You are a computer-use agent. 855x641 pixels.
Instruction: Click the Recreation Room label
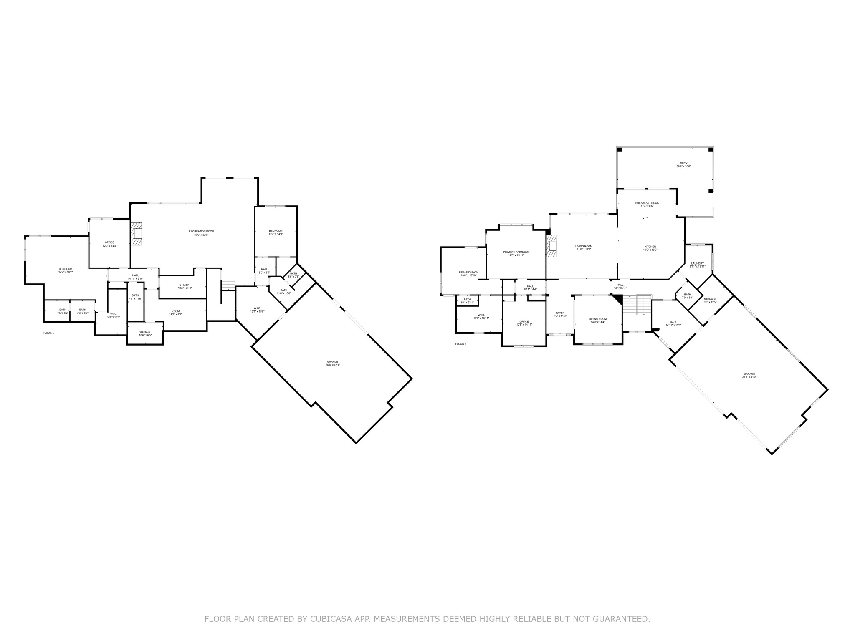click(201, 231)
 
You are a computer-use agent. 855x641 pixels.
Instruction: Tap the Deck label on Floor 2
click(683, 164)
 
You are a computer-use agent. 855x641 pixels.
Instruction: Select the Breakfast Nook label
click(647, 203)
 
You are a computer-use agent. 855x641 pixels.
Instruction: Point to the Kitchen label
click(650, 247)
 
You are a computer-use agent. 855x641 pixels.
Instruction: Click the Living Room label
click(584, 246)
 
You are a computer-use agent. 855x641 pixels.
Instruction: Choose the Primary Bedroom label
click(516, 252)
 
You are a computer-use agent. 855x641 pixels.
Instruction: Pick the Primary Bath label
click(468, 272)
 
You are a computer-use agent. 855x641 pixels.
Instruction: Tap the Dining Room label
click(598, 319)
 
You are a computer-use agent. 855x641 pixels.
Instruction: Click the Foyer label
click(560, 313)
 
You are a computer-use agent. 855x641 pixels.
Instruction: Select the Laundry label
click(697, 263)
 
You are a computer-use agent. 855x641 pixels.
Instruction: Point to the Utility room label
click(184, 285)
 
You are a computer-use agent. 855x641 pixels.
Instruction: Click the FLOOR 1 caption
click(48, 333)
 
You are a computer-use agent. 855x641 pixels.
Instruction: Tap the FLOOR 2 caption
click(460, 344)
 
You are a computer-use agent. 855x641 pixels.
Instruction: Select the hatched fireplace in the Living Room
click(552, 246)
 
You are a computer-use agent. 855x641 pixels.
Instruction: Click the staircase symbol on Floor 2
click(637, 305)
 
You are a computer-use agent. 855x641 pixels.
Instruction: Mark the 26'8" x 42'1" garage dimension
click(333, 365)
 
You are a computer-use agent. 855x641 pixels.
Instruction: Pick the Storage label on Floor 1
click(145, 332)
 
